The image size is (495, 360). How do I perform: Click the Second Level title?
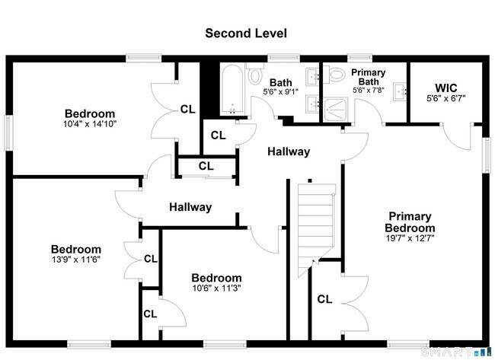tap(245, 33)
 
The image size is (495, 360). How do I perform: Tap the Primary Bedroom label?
tap(410, 222)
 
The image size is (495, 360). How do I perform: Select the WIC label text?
tap(445, 87)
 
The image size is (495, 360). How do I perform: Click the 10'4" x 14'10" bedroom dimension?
tap(90, 123)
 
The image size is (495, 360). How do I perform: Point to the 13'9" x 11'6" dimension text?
tap(75, 260)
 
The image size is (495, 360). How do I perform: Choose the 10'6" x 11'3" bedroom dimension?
tap(216, 288)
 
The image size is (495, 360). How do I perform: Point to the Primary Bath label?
tap(369, 77)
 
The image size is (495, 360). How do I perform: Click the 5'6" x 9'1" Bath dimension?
tap(281, 91)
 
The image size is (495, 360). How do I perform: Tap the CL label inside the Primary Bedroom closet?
tap(324, 299)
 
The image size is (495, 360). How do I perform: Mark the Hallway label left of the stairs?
tap(190, 207)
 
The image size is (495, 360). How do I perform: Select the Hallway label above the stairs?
tap(289, 151)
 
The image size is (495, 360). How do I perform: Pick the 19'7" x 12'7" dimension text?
tap(410, 238)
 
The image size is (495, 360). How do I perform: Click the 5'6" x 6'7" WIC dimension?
tap(445, 98)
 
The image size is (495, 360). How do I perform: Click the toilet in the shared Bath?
tap(254, 77)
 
